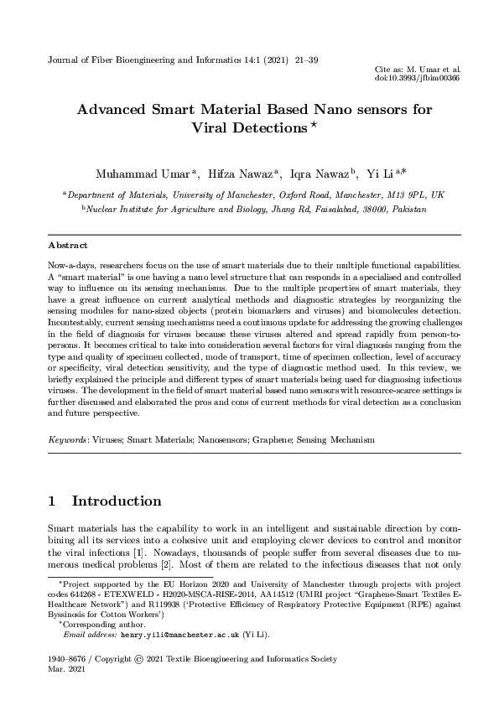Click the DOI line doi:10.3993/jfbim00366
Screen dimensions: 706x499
pyautogui.click(x=418, y=78)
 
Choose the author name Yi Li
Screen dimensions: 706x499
pyautogui.click(x=381, y=174)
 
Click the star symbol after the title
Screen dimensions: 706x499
pyautogui.click(x=314, y=126)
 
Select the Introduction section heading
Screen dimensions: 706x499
pyautogui.click(x=116, y=501)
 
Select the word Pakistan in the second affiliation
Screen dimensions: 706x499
pyautogui.click(x=406, y=208)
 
